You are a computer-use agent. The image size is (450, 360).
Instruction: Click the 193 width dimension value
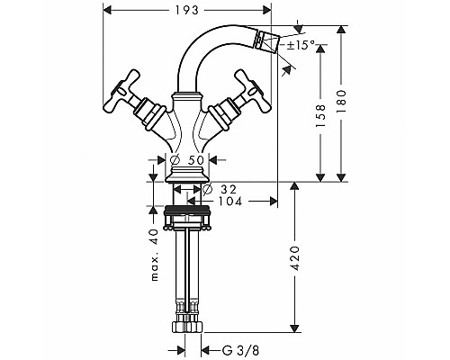click(x=187, y=10)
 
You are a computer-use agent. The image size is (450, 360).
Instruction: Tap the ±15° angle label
click(x=301, y=45)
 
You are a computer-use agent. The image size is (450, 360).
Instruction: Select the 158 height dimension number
click(x=320, y=116)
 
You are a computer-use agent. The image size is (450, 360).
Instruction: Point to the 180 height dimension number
click(x=341, y=101)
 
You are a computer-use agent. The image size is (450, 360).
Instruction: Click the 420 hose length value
click(x=295, y=258)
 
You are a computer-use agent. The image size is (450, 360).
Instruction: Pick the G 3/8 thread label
click(x=240, y=350)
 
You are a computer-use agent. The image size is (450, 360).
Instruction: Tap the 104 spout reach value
click(x=230, y=202)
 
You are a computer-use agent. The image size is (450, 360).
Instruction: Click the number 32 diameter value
click(x=229, y=189)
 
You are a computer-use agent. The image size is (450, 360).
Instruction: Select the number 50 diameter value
click(x=195, y=160)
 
